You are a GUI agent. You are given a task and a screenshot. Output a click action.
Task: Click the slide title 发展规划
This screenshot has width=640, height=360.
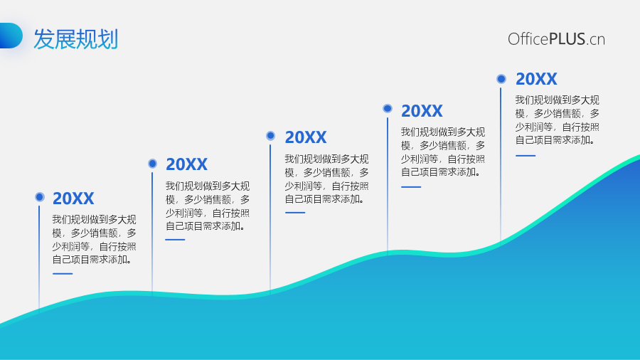point(76,39)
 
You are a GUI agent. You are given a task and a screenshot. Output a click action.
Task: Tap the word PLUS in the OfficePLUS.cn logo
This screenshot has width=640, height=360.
point(567,39)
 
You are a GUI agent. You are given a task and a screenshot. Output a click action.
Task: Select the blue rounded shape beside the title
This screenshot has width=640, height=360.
point(11,36)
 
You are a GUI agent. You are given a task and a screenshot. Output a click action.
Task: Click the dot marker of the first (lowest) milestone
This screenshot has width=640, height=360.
point(40,197)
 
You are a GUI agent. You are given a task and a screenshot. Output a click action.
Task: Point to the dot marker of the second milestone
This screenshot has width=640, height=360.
point(153,164)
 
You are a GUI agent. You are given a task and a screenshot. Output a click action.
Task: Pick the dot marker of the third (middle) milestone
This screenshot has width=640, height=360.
point(271,135)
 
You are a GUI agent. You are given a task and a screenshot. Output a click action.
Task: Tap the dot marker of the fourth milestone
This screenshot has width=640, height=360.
point(388,108)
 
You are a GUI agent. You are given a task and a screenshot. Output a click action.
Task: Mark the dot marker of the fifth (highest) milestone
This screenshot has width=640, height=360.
point(501,79)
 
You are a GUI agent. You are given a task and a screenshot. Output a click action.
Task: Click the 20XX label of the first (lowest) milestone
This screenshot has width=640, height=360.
point(73,198)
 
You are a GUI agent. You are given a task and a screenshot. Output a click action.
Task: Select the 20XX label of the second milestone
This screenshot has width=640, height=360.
point(186,164)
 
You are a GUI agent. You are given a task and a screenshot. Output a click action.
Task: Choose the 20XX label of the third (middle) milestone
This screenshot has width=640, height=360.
point(306,137)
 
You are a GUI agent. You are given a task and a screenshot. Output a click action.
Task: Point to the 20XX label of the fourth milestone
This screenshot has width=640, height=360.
point(422,111)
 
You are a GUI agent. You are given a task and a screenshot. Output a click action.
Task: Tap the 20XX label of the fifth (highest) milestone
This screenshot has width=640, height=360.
point(536,79)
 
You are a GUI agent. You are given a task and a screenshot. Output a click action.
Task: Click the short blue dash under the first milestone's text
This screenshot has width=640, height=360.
point(63,273)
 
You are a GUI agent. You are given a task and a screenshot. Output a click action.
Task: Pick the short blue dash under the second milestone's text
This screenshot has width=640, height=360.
point(175,240)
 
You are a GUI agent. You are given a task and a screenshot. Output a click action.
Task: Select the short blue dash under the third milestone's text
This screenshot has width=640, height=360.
point(295,213)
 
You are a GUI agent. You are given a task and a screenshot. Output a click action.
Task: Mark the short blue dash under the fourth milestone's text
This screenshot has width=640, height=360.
point(411,187)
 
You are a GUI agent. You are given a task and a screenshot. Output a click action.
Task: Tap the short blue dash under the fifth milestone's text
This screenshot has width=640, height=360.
point(526,156)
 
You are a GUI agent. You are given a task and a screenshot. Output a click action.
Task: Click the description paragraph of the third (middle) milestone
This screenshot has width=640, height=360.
point(326,179)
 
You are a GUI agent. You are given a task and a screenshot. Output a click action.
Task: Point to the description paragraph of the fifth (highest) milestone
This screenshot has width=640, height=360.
point(557,120)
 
